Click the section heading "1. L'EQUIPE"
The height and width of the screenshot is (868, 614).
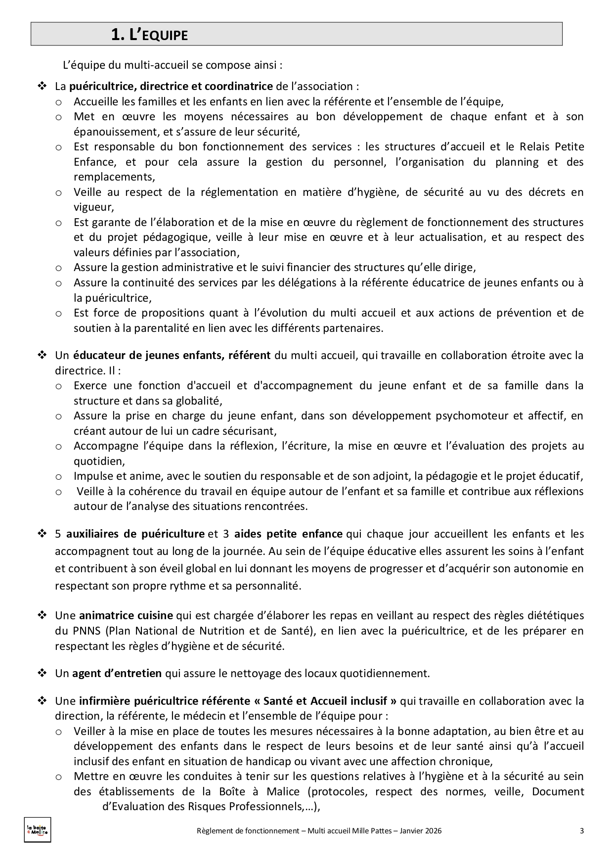coord(149,35)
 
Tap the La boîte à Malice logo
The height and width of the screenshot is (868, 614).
coord(38,831)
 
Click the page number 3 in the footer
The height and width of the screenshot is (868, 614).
coord(582,831)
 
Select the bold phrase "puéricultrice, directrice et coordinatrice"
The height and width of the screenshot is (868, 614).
coord(171,86)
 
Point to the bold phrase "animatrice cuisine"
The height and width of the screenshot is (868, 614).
coord(126,615)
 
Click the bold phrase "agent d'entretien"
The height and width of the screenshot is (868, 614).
coord(117,673)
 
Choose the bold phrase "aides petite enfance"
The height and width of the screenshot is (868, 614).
coord(288,534)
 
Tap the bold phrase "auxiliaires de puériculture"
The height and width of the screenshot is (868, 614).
coord(135,534)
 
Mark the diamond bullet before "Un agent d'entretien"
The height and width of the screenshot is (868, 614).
coord(42,673)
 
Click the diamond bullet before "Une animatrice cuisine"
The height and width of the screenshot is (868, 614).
coord(42,615)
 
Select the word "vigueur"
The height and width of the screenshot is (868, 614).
coord(93,207)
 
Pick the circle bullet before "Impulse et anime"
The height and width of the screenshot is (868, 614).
coord(59,477)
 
